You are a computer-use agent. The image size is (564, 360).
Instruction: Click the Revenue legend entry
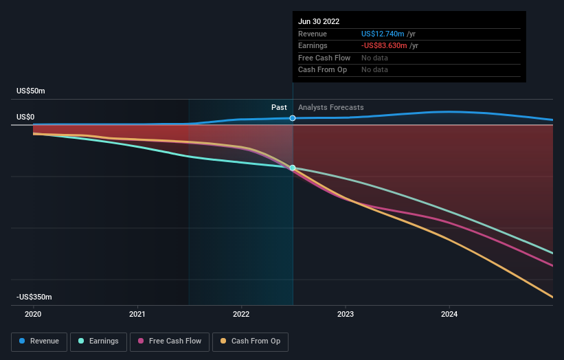point(39,341)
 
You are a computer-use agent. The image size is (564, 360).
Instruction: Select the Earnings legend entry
point(98,341)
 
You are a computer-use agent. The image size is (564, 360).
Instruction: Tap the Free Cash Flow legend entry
point(170,341)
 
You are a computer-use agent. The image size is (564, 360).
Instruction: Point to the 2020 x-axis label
point(33,314)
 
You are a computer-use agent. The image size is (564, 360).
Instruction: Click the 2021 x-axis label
point(137,314)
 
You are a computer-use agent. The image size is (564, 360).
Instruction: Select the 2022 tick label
point(241,314)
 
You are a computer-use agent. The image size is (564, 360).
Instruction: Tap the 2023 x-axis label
point(346,314)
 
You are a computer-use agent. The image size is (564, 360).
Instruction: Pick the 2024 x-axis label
point(449,314)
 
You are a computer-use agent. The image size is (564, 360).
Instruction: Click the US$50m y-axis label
point(31,91)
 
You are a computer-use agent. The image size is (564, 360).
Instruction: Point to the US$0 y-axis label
point(25,117)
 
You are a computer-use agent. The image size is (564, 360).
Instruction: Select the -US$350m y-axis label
point(34,297)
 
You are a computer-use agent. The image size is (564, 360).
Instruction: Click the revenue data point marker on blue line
point(293,118)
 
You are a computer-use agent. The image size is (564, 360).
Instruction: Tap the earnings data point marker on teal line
point(293,168)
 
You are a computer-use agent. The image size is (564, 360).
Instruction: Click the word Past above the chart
point(279,107)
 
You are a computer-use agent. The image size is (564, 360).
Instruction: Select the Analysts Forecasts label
point(331,107)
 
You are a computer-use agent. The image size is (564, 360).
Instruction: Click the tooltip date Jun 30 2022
point(319,22)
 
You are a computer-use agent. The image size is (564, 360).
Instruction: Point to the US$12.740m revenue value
point(383,34)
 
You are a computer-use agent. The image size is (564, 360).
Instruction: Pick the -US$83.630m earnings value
point(385,46)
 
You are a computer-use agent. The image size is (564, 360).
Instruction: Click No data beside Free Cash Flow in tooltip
point(374,58)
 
